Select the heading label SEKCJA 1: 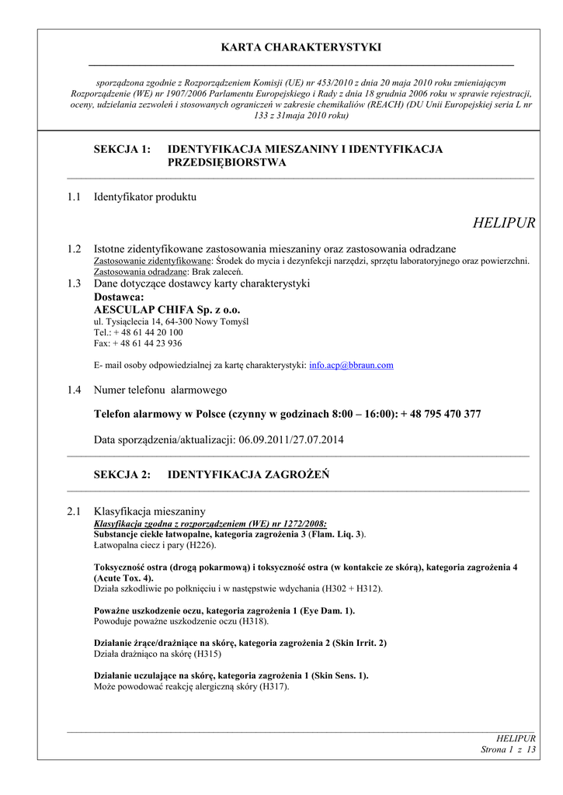(x=122, y=149)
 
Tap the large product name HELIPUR (x=503, y=224)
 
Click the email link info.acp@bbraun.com (x=351, y=365)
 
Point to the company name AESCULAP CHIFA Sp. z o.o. (x=167, y=309)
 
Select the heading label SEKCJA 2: (x=122, y=474)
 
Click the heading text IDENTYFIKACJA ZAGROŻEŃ (x=248, y=474)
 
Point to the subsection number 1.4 (x=75, y=390)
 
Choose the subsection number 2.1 (x=75, y=511)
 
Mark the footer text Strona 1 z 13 (x=509, y=749)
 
